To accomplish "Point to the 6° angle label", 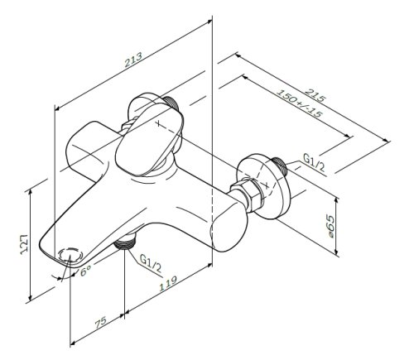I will pyautogui.click(x=86, y=270).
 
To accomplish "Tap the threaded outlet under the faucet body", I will pyautogui.click(x=125, y=242).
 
